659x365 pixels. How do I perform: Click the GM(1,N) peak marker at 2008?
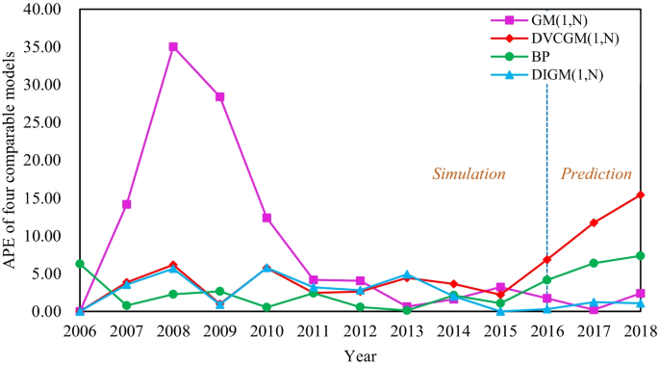173,46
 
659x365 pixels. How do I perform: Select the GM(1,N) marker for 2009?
219,96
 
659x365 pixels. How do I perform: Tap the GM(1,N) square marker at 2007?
126,204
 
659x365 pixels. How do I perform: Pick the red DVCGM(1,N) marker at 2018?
640,195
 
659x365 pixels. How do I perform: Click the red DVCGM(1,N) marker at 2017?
594,222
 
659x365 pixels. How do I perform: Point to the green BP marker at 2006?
79,264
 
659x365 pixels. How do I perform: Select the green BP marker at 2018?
640,256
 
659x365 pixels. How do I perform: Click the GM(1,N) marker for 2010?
266,218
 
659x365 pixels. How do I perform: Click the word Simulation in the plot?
468,174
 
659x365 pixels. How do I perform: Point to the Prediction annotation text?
596,174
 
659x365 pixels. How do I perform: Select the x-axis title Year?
360,353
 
